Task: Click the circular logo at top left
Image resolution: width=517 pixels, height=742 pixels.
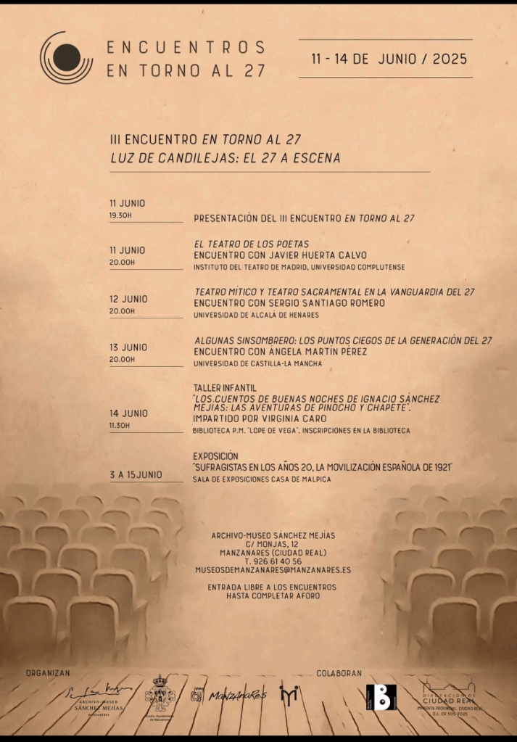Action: click(66, 57)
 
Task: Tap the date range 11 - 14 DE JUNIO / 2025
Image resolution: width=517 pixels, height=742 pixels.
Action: click(389, 59)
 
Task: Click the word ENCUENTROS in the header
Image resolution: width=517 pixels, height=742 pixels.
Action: click(186, 48)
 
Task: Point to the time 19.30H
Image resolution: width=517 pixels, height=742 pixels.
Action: click(120, 215)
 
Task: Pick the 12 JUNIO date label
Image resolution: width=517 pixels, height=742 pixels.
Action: click(128, 299)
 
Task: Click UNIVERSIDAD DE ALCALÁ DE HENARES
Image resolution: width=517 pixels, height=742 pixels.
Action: click(256, 316)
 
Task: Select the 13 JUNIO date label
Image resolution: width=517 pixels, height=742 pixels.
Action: click(128, 347)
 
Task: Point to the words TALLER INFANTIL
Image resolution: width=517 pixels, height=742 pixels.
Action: click(225, 388)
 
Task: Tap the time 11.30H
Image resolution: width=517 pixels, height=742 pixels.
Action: click(120, 425)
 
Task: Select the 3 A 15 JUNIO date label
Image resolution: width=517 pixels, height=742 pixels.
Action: click(136, 475)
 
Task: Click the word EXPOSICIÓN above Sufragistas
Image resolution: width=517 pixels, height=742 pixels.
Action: click(215, 456)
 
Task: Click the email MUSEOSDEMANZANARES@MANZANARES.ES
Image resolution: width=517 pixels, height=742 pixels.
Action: click(273, 571)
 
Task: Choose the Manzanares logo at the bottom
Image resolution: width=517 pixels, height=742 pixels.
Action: click(229, 696)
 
